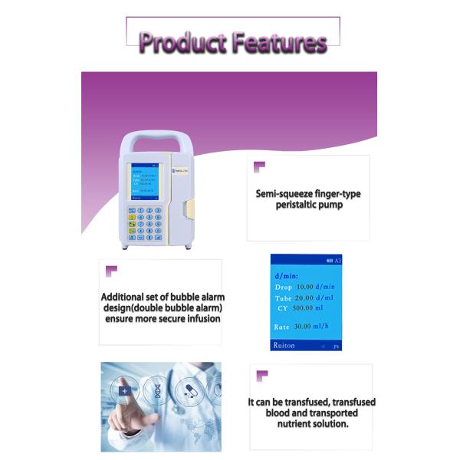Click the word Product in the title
(x=182, y=42)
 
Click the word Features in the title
(x=279, y=42)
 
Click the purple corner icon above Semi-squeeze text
(x=259, y=165)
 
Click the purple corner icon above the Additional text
(x=111, y=271)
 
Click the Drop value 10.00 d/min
(x=315, y=287)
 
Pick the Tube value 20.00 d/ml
(x=315, y=297)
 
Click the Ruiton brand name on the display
(x=284, y=346)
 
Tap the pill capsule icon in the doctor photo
(x=189, y=391)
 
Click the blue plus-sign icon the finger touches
(x=124, y=391)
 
